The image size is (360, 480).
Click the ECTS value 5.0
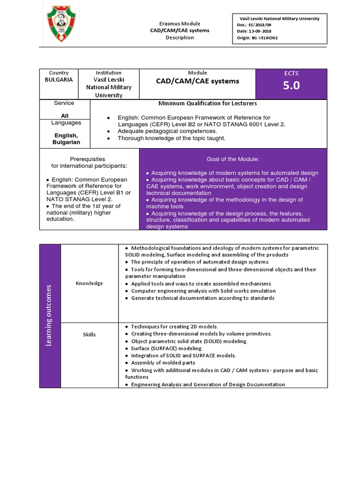coord(291,85)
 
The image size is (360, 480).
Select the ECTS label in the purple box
coord(291,73)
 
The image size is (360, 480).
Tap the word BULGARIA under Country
coord(59,80)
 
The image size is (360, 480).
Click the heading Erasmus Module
coord(180,23)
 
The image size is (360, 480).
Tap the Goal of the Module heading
coord(233,159)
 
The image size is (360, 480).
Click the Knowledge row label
coord(89,283)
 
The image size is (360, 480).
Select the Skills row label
coord(89,335)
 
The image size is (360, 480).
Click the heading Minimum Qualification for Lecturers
coord(208,103)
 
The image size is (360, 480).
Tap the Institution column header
coord(108,73)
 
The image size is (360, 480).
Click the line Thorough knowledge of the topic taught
coord(172,138)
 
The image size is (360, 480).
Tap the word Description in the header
coord(180,37)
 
